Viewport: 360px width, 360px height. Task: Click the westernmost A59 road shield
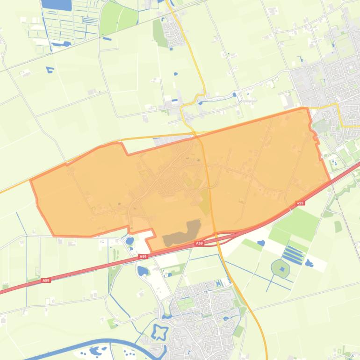[x=45, y=281]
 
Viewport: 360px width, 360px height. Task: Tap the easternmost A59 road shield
[x=300, y=203]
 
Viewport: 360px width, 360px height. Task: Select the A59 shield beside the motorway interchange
[x=200, y=244]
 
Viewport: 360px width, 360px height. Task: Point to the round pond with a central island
[x=280, y=268]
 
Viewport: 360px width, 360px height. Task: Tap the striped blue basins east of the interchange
[x=293, y=255]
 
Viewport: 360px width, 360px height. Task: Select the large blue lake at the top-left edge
[x=56, y=5]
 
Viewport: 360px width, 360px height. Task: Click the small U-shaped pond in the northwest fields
[x=50, y=70]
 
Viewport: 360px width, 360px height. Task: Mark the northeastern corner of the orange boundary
[x=306, y=108]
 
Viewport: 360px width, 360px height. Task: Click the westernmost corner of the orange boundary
[x=31, y=180]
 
